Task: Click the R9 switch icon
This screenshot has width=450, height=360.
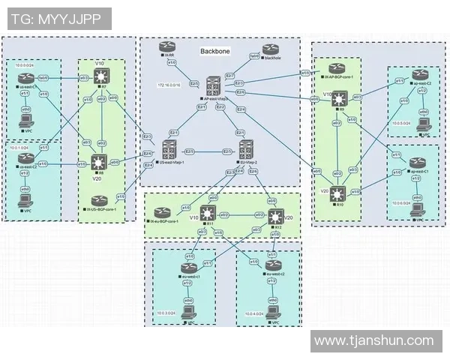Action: (x=341, y=97)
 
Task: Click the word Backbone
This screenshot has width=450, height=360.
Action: (x=214, y=52)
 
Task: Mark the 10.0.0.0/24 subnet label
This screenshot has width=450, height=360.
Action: (x=25, y=65)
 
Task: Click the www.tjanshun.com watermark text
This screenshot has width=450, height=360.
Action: (x=373, y=341)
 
